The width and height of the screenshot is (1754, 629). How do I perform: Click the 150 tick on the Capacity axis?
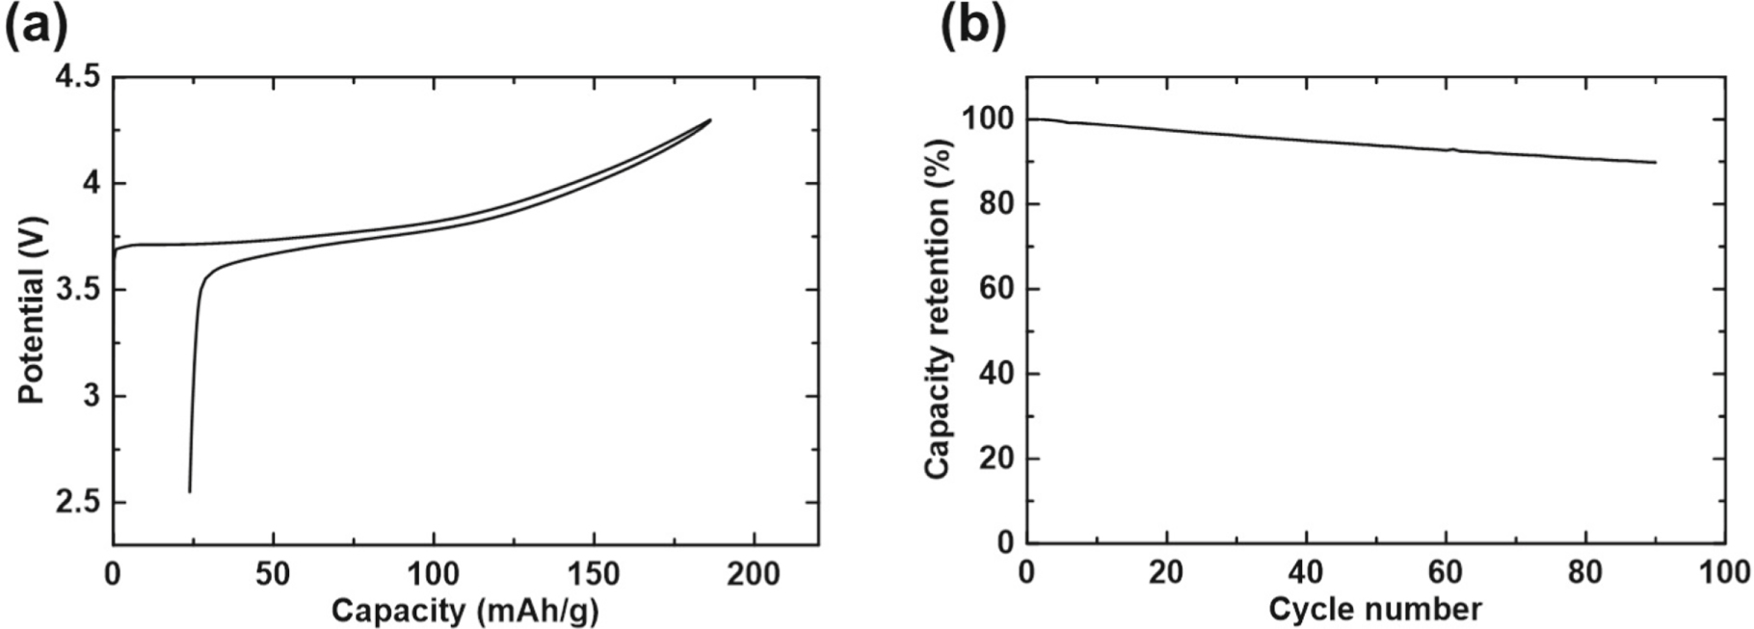[x=594, y=573]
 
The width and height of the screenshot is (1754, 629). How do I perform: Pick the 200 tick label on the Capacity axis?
[x=754, y=573]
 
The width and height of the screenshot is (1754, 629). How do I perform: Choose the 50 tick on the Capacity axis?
[x=274, y=573]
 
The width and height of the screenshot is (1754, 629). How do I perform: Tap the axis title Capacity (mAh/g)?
[x=465, y=610]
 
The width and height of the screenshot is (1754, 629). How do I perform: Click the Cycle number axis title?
[x=1374, y=609]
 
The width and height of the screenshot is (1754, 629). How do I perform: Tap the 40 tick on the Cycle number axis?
[x=1306, y=572]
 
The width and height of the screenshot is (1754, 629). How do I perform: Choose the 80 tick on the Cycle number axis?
[x=1585, y=572]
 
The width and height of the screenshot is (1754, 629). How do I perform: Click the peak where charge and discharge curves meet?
[x=710, y=120]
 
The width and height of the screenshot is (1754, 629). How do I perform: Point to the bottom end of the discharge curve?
[x=189, y=492]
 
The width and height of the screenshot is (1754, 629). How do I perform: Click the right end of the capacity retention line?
[x=1655, y=163]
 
